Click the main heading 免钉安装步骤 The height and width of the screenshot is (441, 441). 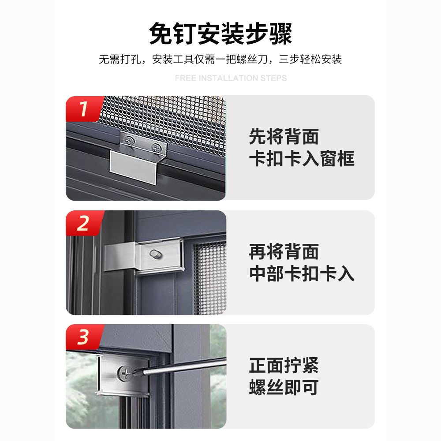pos(220,34)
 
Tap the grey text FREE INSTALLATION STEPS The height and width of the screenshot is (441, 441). pos(231,78)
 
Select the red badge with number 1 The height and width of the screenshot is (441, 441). pos(84,109)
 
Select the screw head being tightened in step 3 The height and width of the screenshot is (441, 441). pos(125,373)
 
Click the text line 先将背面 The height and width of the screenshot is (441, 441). pos(284,136)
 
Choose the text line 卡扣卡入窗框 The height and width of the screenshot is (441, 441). pos(302,159)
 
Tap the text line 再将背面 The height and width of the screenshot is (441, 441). pos(284,252)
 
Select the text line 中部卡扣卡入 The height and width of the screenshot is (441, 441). pos(302,274)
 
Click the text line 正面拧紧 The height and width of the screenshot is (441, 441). pos(284,365)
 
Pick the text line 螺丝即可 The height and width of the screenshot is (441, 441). pos(284,387)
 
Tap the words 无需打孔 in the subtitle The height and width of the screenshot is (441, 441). pos(120,60)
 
